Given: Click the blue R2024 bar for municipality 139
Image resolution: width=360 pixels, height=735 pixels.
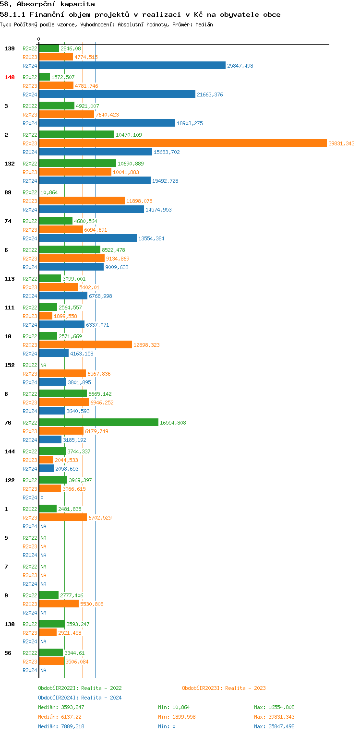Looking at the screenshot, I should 132,66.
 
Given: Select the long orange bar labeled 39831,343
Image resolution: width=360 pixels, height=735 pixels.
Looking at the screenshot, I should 182,143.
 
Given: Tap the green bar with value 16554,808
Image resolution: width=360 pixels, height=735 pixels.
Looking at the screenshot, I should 98,423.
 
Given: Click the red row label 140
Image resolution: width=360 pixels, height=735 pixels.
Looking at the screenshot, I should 10,77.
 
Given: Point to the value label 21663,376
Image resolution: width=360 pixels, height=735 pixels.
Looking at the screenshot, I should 210,95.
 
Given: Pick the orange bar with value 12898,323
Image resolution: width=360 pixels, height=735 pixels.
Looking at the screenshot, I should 85,345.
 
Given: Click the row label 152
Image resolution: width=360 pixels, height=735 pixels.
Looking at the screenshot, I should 10,365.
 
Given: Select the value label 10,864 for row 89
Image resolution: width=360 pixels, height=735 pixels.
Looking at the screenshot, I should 49,192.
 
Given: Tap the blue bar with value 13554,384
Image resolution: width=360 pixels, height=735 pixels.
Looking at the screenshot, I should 88,238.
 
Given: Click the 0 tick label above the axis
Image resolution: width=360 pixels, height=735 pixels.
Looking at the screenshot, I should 39,39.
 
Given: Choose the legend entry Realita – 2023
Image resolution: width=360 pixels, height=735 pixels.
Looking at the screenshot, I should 224,688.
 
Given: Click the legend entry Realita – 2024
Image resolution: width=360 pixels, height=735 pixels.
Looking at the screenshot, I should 80,698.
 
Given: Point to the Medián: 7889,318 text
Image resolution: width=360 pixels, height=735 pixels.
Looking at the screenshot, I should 61,726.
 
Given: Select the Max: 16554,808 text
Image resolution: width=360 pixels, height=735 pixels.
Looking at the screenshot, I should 274,707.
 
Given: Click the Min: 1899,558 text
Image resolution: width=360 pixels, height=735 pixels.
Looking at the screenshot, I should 177,717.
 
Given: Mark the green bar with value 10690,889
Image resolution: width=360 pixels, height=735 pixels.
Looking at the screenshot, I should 77,164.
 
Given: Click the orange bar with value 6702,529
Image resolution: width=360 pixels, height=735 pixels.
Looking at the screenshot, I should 63,518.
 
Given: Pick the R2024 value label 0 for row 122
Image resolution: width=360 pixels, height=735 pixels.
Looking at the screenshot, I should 42,498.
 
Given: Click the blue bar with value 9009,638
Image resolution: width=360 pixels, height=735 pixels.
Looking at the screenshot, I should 71,267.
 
